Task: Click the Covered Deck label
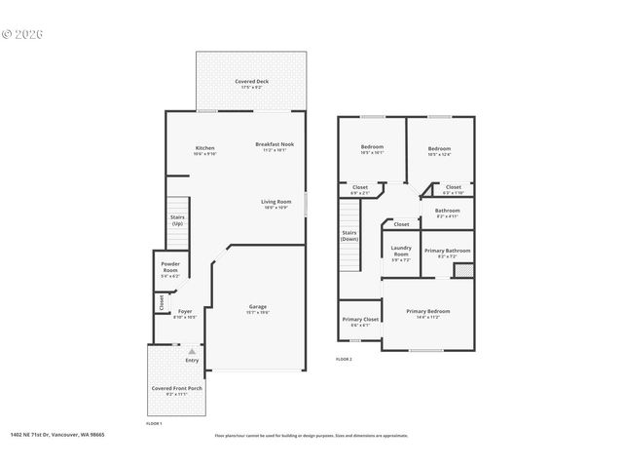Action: (251, 81)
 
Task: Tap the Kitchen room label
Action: (204, 147)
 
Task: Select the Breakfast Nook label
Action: (275, 144)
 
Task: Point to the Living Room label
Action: (275, 202)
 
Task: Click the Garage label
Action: (256, 307)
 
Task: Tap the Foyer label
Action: (185, 312)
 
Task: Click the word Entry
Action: (192, 360)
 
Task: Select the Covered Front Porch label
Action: (176, 388)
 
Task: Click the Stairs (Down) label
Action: (349, 235)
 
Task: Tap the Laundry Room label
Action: (401, 252)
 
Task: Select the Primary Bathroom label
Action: (448, 251)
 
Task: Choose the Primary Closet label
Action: (360, 319)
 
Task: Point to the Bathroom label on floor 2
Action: (447, 211)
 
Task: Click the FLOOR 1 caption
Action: (154, 424)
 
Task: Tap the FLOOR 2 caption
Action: (344, 360)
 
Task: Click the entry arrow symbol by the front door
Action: (192, 351)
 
